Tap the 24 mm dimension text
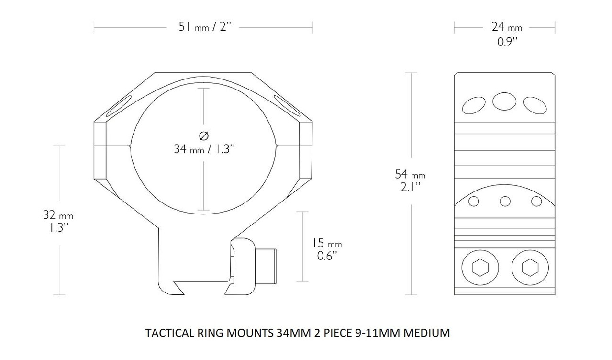coord(507,27)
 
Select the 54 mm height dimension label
coord(410,175)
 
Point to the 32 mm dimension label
coord(59,215)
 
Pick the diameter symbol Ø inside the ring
coord(204,136)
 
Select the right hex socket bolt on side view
coord(530,268)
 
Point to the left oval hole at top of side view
coord(474,105)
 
